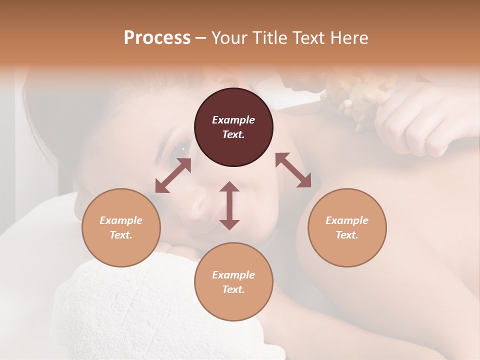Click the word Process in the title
pyautogui.click(x=157, y=38)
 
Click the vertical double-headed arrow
pyautogui.click(x=229, y=205)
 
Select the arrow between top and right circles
pyautogui.click(x=293, y=170)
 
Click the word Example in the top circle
pyautogui.click(x=233, y=120)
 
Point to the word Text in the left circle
pyautogui.click(x=121, y=235)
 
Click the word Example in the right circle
pyautogui.click(x=347, y=220)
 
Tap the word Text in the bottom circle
pyautogui.click(x=233, y=289)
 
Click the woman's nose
pyautogui.click(x=200, y=202)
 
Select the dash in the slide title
pyautogui.click(x=201, y=38)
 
